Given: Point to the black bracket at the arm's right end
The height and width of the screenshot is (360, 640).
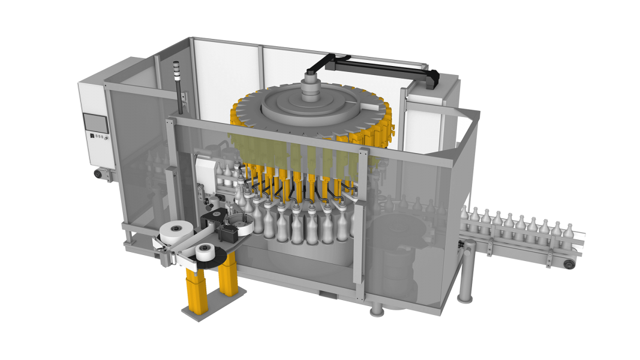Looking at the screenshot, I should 431,76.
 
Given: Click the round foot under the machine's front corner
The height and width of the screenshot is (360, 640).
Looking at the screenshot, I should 376,310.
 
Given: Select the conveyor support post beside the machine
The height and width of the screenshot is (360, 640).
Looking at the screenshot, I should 462,288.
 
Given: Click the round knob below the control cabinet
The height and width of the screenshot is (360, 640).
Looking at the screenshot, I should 97,174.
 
